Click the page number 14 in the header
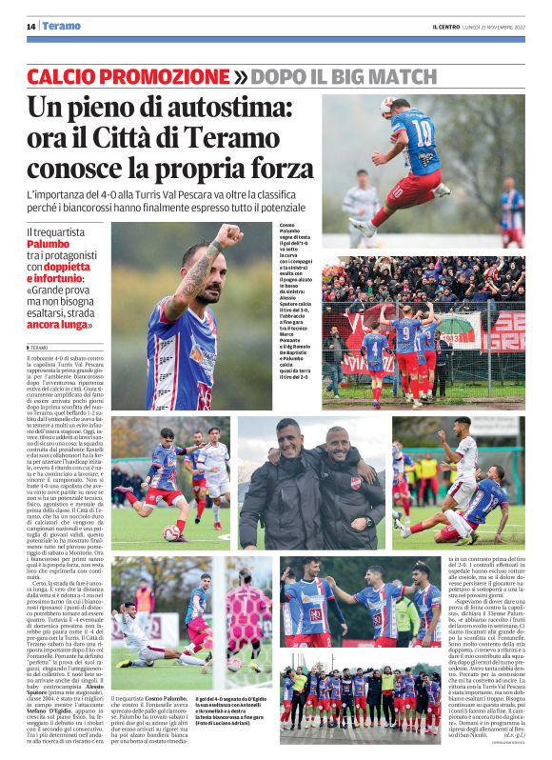click(x=31, y=26)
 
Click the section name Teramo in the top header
click(x=62, y=26)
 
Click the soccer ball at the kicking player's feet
click(x=172, y=532)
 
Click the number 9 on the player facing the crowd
click(x=406, y=333)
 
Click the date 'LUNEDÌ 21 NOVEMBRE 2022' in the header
click(x=503, y=26)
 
